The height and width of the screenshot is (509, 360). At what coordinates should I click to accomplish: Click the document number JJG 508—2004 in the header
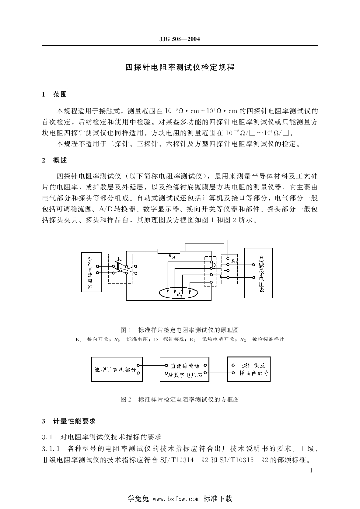click(180, 38)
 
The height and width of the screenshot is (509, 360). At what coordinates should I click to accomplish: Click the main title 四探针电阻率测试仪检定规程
click(180, 67)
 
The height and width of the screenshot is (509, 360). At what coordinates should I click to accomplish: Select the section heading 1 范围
click(54, 93)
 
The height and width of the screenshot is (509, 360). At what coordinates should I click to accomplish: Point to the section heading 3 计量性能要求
click(70, 421)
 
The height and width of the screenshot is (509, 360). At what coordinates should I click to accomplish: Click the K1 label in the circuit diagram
click(120, 259)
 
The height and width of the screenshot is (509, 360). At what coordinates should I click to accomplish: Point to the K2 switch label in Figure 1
click(234, 260)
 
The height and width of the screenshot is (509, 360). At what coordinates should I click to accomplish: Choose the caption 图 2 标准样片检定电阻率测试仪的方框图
click(180, 399)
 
